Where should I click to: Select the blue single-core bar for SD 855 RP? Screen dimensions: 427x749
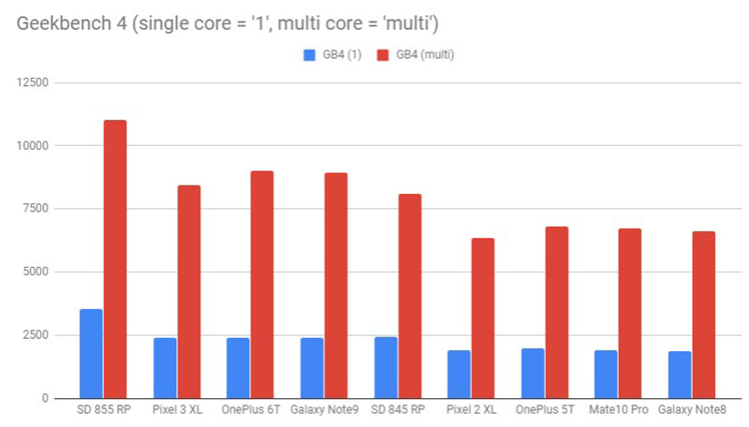pos(91,353)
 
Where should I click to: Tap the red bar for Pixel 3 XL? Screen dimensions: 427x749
pos(189,291)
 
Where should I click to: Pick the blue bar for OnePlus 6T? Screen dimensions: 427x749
pos(238,367)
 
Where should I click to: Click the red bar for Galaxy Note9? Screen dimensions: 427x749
pos(336,286)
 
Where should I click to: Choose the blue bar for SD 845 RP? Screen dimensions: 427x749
pos(385,367)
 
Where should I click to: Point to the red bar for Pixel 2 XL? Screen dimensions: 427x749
pos(483,318)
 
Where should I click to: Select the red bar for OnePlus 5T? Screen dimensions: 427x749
pos(556,312)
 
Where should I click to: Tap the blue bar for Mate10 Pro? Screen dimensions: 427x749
pos(606,374)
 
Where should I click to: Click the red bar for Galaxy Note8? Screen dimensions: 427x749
pos(703,315)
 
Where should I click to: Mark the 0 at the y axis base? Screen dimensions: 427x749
pos(47,398)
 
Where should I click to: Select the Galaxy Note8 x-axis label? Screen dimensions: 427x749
pos(691,413)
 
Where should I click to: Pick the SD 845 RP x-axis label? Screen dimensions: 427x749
pos(397,413)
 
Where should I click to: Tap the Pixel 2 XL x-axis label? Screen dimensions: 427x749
pos(471,413)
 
